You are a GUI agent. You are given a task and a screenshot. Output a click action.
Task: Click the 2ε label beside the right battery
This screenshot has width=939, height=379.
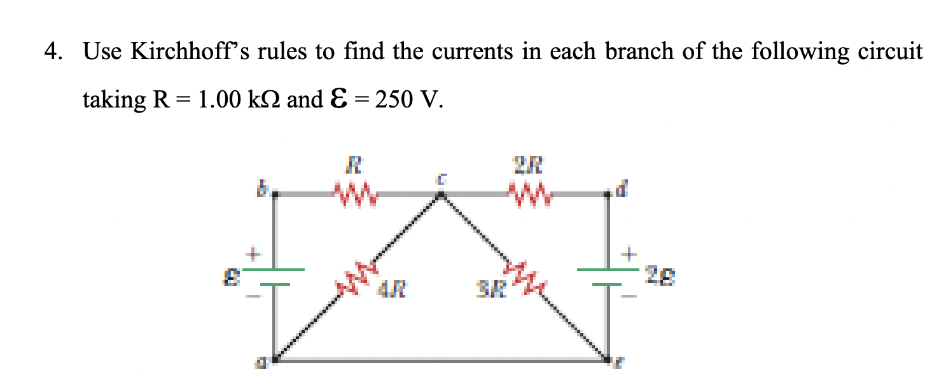click(x=660, y=277)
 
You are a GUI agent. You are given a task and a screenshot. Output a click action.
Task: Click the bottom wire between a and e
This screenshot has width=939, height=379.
click(x=439, y=361)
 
